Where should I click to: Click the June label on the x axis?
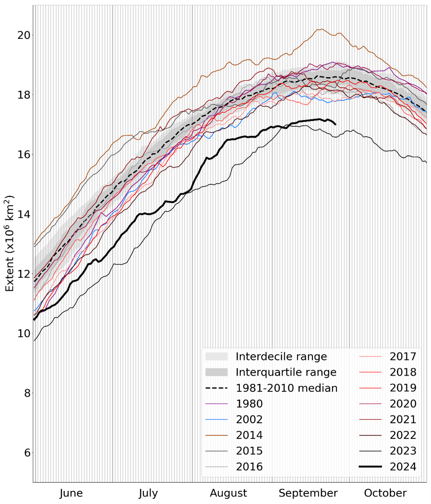click(x=71, y=494)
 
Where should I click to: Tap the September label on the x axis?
click(x=308, y=494)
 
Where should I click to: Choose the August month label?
click(x=228, y=494)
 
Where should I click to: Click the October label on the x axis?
click(x=385, y=494)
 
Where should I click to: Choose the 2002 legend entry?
click(x=249, y=420)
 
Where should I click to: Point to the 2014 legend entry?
click(x=249, y=435)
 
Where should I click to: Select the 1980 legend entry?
click(x=249, y=404)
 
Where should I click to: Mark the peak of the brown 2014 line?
click(x=322, y=29)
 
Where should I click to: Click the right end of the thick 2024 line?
click(x=335, y=125)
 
